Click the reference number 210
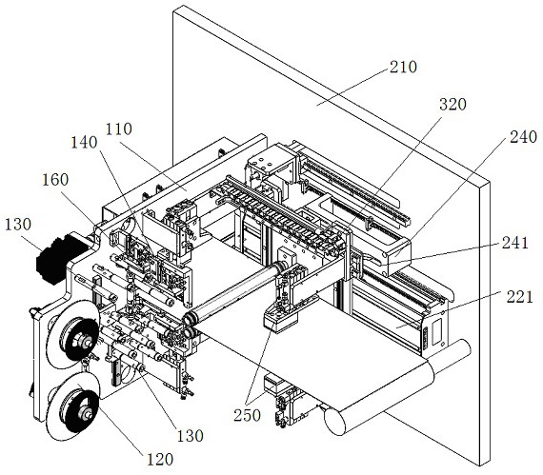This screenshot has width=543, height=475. click(403, 67)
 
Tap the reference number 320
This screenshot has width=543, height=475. click(452, 104)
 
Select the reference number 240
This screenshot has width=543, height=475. click(523, 137)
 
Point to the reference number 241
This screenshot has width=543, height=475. click(515, 243)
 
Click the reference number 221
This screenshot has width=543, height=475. click(519, 297)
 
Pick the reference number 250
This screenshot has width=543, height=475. click(247, 415)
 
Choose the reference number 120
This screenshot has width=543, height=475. click(160, 459)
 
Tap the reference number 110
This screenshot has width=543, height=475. click(119, 129)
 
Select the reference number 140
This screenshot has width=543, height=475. click(84, 142)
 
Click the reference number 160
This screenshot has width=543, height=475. click(55, 180)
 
